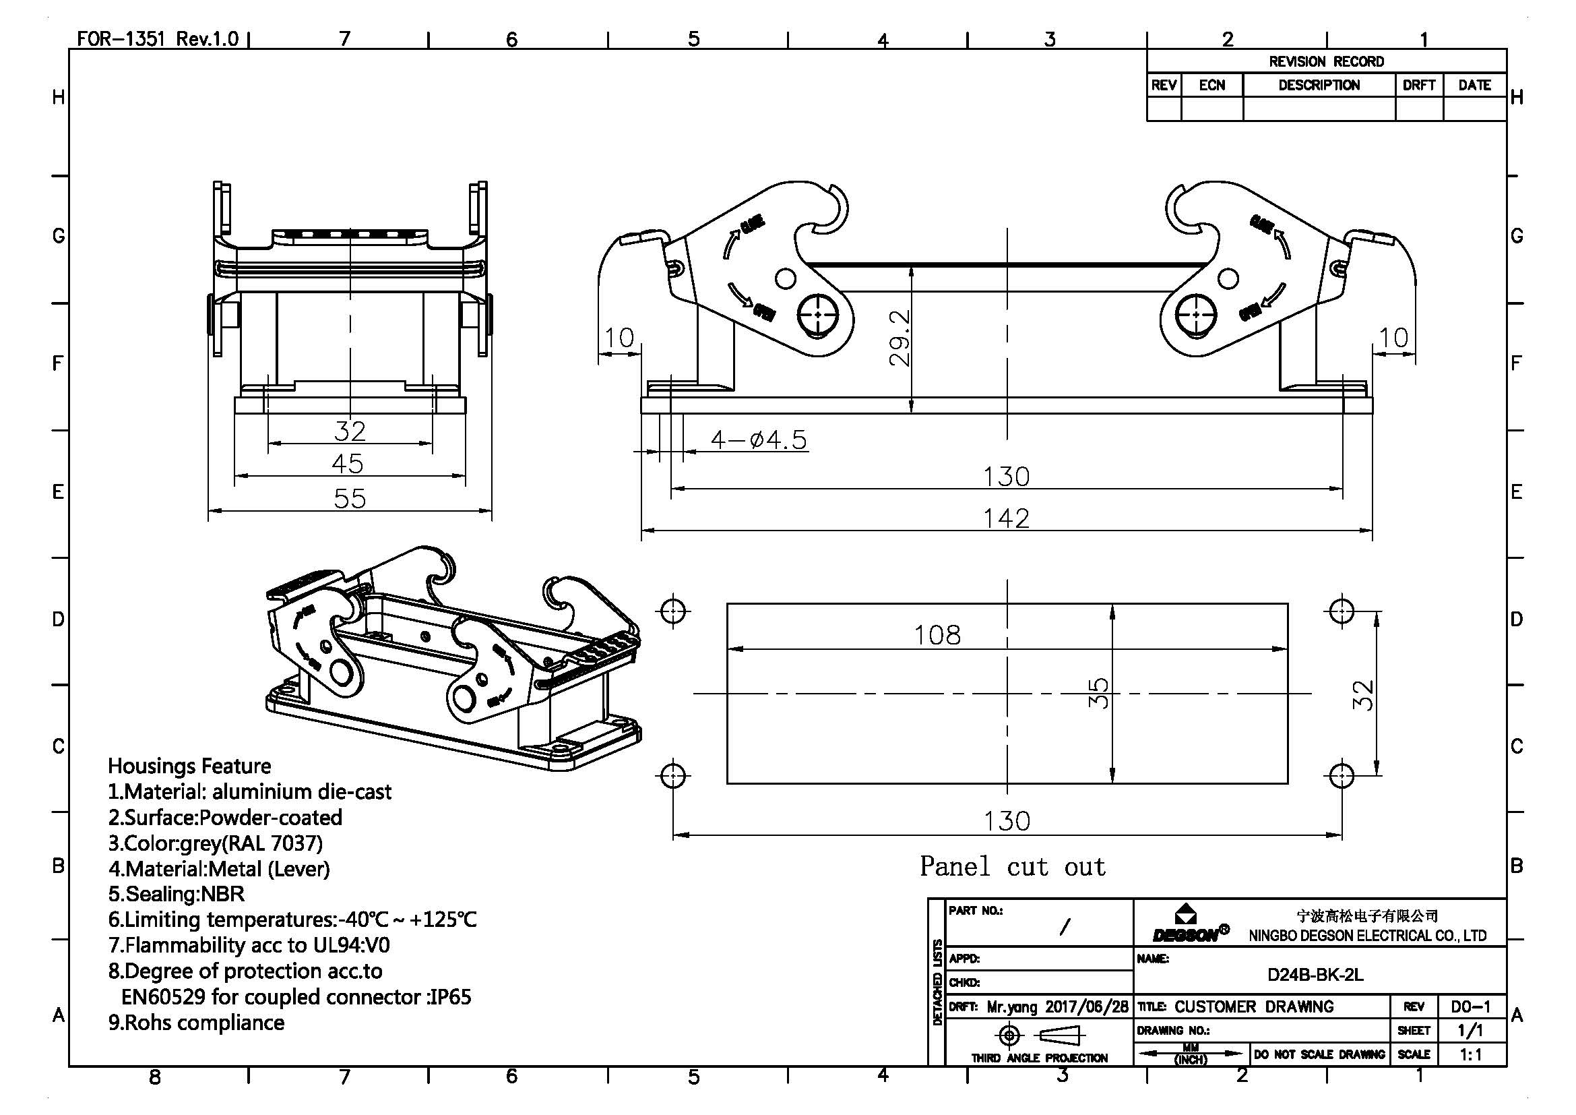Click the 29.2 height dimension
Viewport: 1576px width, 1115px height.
coord(900,338)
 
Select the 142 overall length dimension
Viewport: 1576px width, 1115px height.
coord(1006,518)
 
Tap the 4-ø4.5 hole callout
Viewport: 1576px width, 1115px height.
coord(759,440)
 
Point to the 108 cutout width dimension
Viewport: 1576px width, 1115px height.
coord(937,635)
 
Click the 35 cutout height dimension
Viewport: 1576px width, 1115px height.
coord(1098,693)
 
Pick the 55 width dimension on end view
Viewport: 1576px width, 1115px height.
coord(350,498)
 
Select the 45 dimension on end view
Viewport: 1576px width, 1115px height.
coord(347,464)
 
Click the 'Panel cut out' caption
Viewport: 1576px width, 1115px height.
coord(1013,866)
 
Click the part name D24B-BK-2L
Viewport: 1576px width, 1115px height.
coord(1315,975)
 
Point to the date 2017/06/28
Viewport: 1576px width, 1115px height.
coord(1086,1007)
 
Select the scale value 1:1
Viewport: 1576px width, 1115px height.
coord(1470,1054)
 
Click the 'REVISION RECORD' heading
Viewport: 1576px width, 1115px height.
coord(1326,62)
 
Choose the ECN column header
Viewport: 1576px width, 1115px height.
coord(1211,85)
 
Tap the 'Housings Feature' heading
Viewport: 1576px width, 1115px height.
coord(189,766)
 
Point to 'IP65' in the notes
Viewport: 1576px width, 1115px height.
coord(450,997)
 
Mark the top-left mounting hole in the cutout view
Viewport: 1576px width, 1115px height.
coord(673,609)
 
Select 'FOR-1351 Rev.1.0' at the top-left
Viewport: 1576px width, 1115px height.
coord(158,38)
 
